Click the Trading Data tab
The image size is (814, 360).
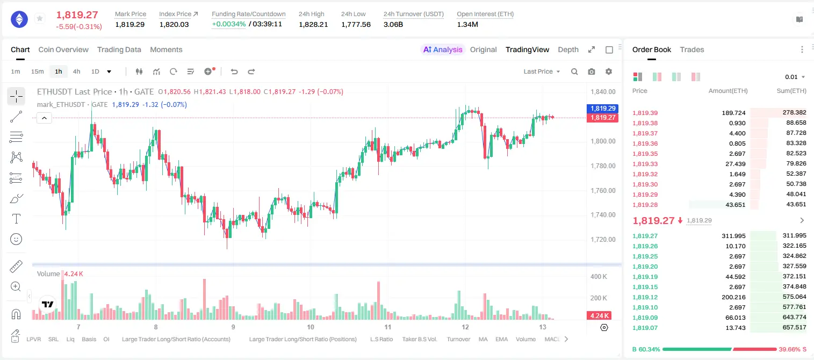pos(119,49)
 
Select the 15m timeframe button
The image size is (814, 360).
pos(37,71)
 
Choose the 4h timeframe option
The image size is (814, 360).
pos(76,71)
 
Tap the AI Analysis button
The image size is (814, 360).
pos(443,49)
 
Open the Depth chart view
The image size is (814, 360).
pos(568,49)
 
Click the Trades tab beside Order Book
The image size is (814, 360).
pos(692,49)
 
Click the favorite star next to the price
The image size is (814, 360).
pos(40,18)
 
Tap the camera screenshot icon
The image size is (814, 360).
pos(592,71)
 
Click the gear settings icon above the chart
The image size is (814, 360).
pos(609,71)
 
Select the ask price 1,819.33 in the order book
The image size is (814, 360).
pos(645,164)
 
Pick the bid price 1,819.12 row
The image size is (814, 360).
pos(645,297)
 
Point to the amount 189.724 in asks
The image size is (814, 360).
pos(733,113)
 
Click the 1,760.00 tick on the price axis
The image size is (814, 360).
pos(603,190)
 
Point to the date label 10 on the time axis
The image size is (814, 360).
pos(311,327)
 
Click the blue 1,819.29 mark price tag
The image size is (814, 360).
pos(602,108)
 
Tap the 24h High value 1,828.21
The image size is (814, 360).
pos(313,24)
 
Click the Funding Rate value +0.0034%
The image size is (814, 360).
pos(228,24)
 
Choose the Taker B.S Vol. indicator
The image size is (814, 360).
pos(419,339)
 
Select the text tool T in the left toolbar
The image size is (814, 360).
pos(16,219)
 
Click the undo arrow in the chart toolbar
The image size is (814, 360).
pos(234,71)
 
